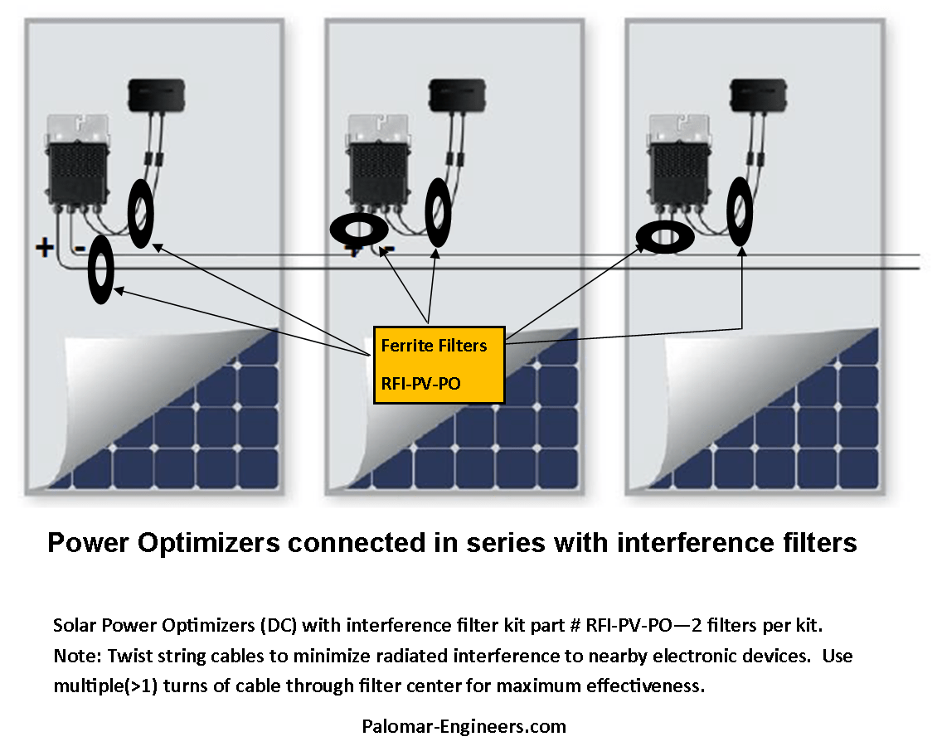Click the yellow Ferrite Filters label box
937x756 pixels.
(439, 364)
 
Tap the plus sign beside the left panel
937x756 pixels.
(43, 246)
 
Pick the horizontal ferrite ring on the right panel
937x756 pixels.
(665, 238)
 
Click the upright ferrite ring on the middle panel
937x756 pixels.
(437, 211)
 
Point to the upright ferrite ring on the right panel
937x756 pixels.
(740, 207)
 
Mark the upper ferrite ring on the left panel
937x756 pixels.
(141, 214)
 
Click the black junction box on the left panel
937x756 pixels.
(155, 93)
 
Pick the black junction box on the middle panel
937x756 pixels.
(457, 93)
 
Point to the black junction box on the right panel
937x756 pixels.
(758, 93)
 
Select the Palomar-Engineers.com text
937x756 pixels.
(464, 726)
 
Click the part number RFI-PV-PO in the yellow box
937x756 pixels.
(422, 383)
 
